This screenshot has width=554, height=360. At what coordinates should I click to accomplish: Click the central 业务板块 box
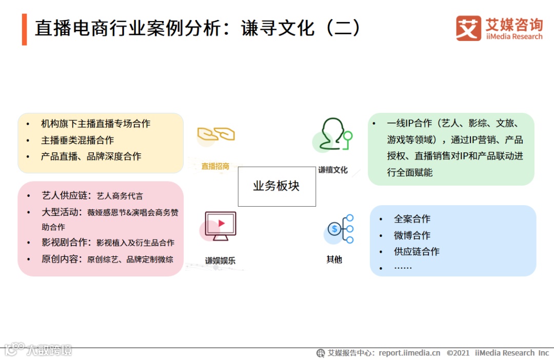276,186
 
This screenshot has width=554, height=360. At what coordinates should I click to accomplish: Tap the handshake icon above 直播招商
216,134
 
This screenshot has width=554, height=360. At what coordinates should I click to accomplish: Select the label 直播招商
215,166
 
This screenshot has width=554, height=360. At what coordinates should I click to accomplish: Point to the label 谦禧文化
333,170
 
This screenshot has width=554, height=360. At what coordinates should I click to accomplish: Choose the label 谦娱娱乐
221,261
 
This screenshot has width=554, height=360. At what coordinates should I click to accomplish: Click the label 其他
334,259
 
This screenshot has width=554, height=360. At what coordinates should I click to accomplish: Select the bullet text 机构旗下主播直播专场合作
95,124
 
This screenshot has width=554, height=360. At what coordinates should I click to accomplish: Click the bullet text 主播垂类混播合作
77,140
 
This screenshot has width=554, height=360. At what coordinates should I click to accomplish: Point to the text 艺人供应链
66,195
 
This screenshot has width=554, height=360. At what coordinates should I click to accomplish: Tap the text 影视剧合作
66,242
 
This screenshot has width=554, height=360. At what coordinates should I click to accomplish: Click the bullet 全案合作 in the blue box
412,219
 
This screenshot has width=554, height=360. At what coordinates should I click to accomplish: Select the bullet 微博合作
412,235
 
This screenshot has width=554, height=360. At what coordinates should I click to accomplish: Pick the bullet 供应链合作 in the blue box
417,251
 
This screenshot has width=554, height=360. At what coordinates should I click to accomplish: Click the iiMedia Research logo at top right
499,28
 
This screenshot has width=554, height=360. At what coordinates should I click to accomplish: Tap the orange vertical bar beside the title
24,29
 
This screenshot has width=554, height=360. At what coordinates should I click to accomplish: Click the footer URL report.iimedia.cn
409,353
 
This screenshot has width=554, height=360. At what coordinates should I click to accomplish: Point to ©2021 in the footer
458,353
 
